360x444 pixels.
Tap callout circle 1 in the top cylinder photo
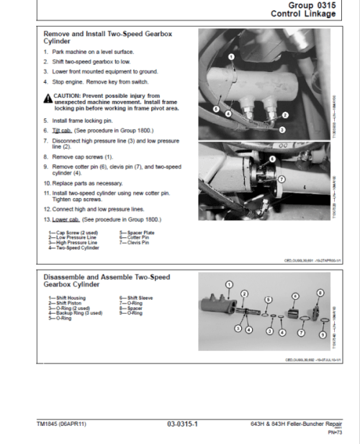tap(230, 55)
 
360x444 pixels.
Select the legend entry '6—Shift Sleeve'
tap(135, 297)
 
